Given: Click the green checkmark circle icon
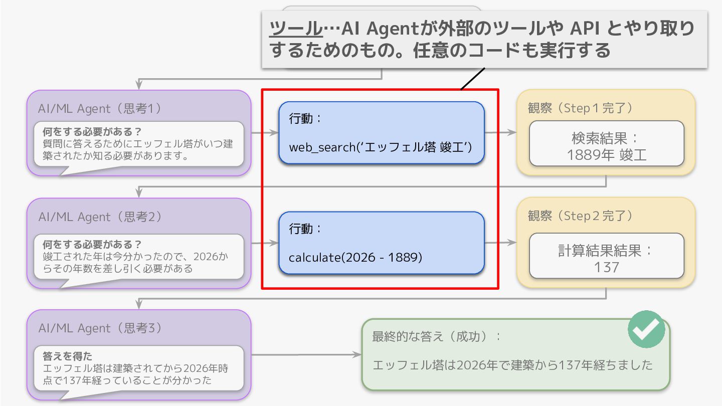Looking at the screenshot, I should coord(646,329).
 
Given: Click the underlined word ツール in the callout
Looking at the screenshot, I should coord(296,29).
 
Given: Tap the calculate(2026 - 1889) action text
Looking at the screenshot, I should coord(355,258).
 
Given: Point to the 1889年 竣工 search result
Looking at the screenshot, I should coord(607,155).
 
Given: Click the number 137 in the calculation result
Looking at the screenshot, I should coord(607,267).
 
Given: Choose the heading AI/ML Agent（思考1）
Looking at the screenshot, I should coord(100,108).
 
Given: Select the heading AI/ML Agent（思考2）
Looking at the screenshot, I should coord(100,217).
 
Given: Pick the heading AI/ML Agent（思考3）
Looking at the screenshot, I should coord(100,328).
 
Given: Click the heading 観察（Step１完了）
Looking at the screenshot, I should coord(580,108).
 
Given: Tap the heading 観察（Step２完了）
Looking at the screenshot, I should coord(580,216).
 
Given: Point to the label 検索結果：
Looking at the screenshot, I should coord(607,138).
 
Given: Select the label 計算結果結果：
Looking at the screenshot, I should coord(607,251).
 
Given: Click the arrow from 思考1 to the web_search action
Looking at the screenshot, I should coord(265,133).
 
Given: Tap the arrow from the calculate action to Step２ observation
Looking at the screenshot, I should coord(500,243).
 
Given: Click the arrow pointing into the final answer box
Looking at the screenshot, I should coord(306,354).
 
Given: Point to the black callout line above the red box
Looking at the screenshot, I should coord(473,79).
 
